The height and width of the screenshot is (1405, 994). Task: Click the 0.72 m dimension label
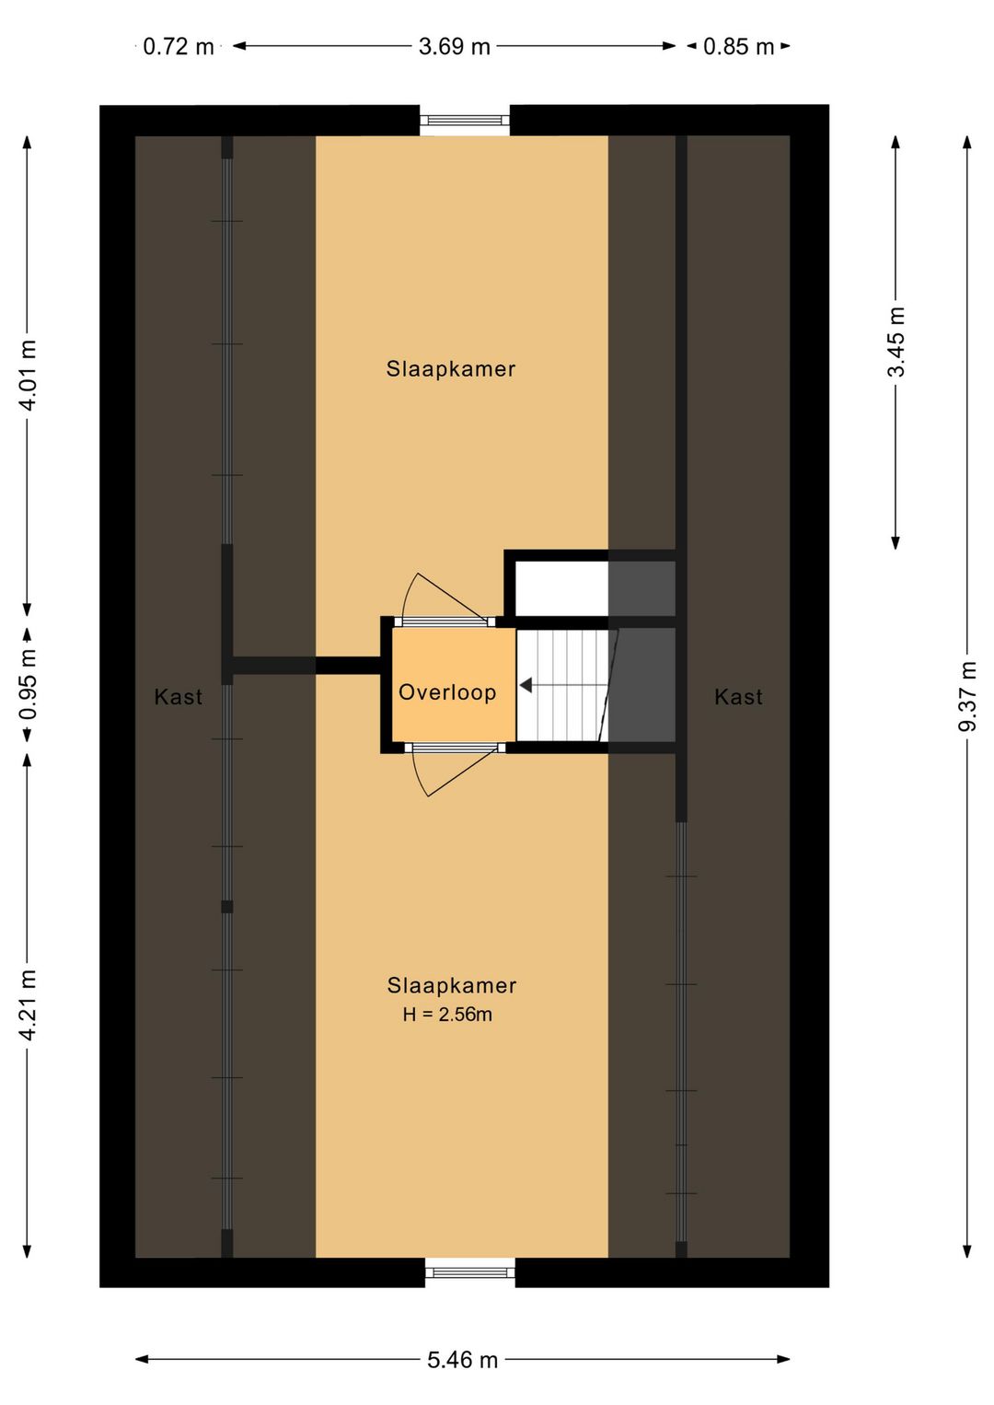pyautogui.click(x=179, y=47)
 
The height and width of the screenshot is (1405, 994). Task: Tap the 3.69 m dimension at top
pyautogui.click(x=455, y=47)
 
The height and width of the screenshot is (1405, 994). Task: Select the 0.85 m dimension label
pyautogui.click(x=738, y=47)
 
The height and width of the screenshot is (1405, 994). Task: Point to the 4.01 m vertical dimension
pyautogui.click(x=29, y=376)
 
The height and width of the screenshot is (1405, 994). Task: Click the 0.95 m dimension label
pyautogui.click(x=29, y=684)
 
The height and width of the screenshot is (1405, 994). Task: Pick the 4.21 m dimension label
pyautogui.click(x=29, y=1004)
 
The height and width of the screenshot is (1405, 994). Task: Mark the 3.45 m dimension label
pyautogui.click(x=896, y=342)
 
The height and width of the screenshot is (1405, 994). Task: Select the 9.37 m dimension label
pyautogui.click(x=967, y=696)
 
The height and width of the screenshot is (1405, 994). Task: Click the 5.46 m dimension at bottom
pyautogui.click(x=462, y=1360)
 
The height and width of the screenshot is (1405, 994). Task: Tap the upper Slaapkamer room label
pyautogui.click(x=451, y=369)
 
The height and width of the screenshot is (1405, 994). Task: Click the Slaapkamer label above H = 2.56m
pyautogui.click(x=452, y=986)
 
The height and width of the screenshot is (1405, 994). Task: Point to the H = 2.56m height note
pyautogui.click(x=447, y=1015)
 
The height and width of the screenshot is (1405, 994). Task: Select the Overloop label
pyautogui.click(x=447, y=692)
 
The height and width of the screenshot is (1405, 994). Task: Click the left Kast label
pyautogui.click(x=179, y=697)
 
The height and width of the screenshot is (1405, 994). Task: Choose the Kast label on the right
pyautogui.click(x=738, y=697)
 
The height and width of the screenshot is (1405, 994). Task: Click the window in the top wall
pyautogui.click(x=465, y=120)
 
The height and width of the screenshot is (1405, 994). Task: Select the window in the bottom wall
pyautogui.click(x=470, y=1272)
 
